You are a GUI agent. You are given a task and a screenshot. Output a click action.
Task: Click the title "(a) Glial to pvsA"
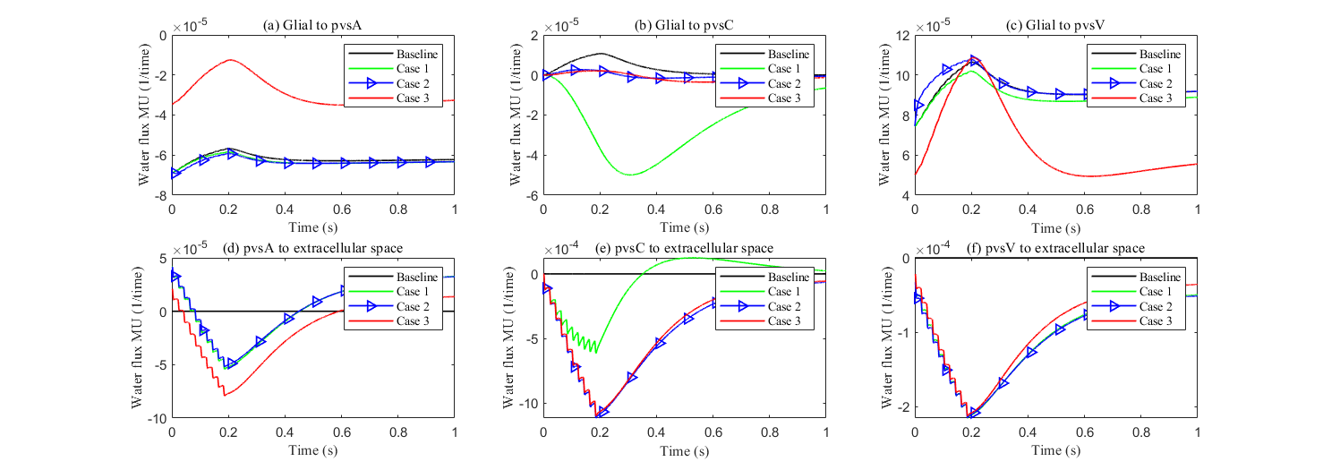[312, 26]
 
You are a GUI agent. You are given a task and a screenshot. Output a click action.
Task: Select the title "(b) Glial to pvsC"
[684, 26]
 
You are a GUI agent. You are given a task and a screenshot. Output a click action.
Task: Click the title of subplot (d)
[312, 248]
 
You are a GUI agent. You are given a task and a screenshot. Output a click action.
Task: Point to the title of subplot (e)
[684, 248]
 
